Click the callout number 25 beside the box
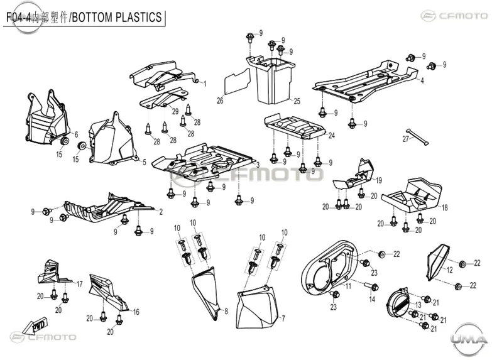coord(297,101)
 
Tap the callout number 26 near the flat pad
coord(220,101)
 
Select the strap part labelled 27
coord(417,137)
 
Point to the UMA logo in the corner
coord(469,339)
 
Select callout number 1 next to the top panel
coord(205,84)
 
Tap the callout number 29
coord(175,111)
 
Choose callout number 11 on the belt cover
coord(348,286)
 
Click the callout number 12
coord(450,270)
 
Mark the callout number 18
coord(445,207)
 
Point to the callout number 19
coord(379,180)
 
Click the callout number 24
coord(331,135)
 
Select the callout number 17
coord(79,284)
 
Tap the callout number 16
coord(136,312)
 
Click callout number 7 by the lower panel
coord(283,319)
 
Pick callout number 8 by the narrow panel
coord(226,312)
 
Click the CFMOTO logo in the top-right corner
coord(454,15)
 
